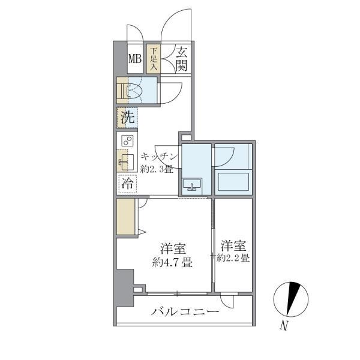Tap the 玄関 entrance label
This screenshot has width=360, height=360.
tap(182, 59)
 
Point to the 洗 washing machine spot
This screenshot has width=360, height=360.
tap(127, 117)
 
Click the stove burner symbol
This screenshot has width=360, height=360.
tap(127, 141)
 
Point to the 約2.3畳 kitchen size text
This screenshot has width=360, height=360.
tap(157, 169)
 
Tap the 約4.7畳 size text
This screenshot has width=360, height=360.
tap(172, 262)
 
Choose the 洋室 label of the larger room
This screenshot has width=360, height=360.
tap(172, 247)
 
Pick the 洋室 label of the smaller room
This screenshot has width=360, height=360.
tap(233, 245)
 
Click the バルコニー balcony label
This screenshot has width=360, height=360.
tap(185, 311)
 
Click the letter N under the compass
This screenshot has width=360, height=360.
tap(286, 327)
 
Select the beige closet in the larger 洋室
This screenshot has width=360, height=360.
tap(127, 217)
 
